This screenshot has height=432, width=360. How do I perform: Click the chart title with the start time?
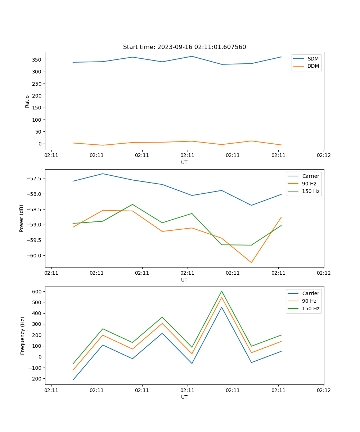point(184,47)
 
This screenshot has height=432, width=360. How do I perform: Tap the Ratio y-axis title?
point(27,101)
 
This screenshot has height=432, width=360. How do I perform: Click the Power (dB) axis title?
point(22,218)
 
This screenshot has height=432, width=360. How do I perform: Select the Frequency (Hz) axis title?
point(23,336)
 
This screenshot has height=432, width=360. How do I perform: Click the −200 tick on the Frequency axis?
point(36,379)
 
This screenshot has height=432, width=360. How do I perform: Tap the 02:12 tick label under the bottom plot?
point(323,390)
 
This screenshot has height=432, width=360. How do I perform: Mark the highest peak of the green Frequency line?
point(222,291)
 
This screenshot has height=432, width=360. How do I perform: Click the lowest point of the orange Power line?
point(251,262)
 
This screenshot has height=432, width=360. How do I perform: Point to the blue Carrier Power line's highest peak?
point(103,174)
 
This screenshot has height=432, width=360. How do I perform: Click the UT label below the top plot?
point(184,162)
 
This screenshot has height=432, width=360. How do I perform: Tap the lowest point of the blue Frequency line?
point(73,380)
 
